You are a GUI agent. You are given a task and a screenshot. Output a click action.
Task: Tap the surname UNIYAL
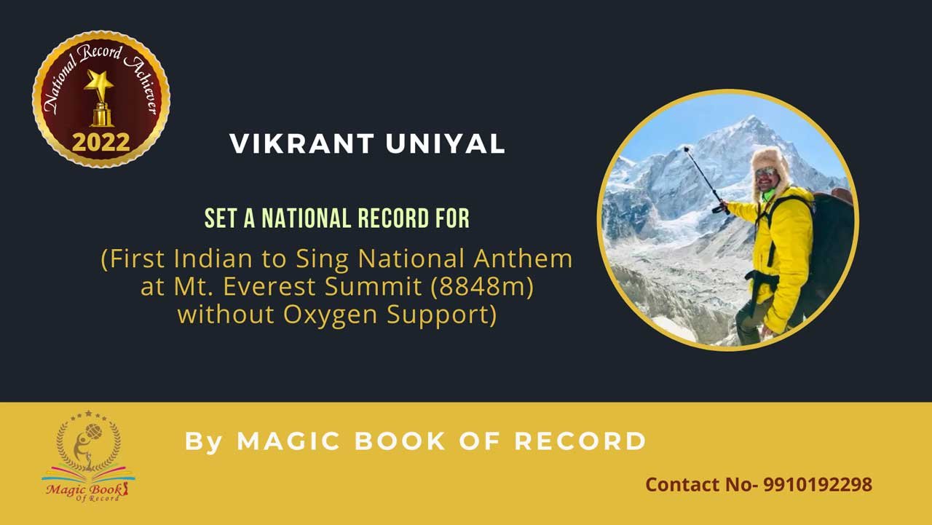(445, 144)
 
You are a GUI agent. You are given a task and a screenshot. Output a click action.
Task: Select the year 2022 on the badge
(100, 142)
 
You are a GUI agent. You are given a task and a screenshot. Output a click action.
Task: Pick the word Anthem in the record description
(523, 258)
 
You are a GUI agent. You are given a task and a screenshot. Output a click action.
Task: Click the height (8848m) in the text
(482, 286)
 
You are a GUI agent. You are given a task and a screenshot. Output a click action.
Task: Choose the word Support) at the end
(442, 315)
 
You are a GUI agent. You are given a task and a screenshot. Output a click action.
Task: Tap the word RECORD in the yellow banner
(580, 441)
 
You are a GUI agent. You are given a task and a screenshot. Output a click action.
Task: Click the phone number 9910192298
(818, 485)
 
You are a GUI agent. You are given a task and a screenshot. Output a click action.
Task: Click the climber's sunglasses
(765, 173)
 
